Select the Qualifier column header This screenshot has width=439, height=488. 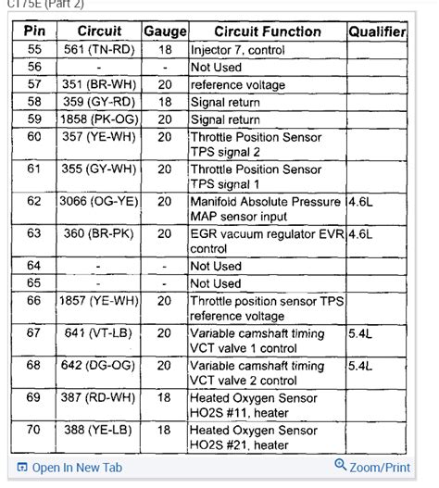pos(376,31)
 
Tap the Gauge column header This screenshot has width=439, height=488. pos(164,31)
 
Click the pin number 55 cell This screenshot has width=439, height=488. pos(34,50)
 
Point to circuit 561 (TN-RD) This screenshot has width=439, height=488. pos(99,50)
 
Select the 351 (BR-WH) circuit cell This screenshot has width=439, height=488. pos(99,84)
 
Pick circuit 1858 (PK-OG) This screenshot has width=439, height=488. pos(99,119)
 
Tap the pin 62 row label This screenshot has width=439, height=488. pos(34,201)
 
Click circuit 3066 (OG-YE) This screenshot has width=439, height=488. pos(99,201)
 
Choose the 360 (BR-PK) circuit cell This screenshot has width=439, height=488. pos(99,233)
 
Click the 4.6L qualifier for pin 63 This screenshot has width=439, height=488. pos(362,233)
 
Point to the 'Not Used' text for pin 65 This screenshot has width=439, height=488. pos(216,283)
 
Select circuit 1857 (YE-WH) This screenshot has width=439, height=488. pos(99,301)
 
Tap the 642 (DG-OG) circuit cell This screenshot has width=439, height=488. pos(99,366)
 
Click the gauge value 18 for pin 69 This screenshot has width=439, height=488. pos(165,398)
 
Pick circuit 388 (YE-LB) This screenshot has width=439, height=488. pos(99,431)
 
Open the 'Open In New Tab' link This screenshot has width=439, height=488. pos(69,468)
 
